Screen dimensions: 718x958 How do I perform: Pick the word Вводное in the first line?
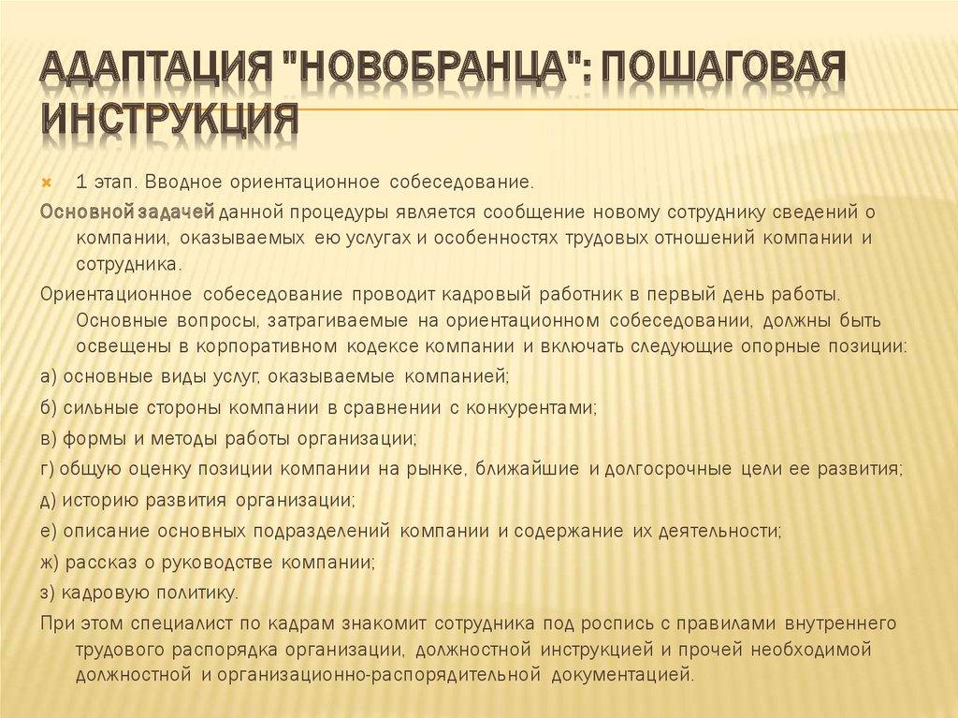[x=185, y=178]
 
